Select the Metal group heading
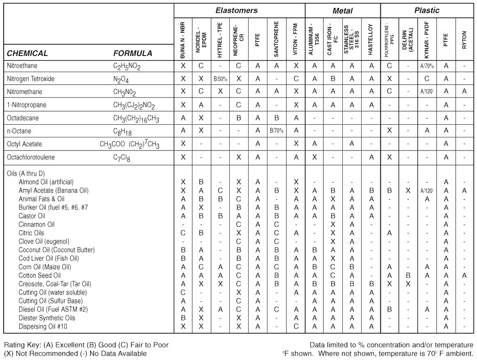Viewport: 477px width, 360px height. click(x=342, y=10)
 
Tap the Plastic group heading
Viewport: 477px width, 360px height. click(x=427, y=10)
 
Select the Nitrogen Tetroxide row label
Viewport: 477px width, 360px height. click(x=31, y=79)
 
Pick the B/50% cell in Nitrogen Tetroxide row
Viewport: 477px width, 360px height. click(x=220, y=79)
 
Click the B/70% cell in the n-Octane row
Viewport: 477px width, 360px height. click(x=276, y=131)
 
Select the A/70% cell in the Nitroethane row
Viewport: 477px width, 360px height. click(x=427, y=66)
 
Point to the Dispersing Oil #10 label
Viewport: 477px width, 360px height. click(x=42, y=326)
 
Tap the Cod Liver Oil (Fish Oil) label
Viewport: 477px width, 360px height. click(x=49, y=258)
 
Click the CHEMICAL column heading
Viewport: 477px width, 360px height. click(x=27, y=53)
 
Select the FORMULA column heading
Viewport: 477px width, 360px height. click(x=133, y=53)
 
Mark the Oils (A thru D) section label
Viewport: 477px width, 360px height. click(x=26, y=174)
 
